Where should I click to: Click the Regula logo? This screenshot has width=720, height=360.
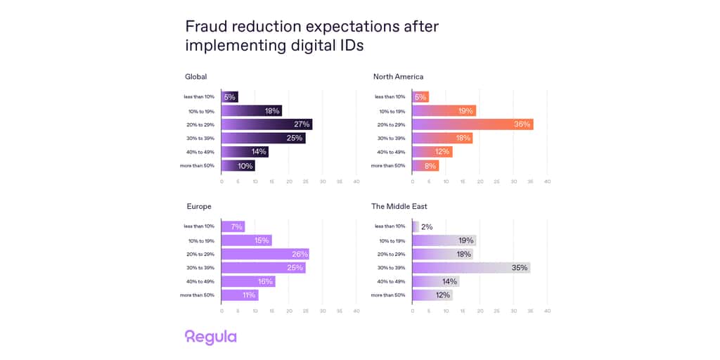click(x=210, y=337)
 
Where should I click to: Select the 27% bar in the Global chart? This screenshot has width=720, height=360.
click(x=266, y=124)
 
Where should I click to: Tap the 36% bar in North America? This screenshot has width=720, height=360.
click(x=472, y=124)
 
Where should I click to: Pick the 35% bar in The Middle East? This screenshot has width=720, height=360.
click(x=470, y=268)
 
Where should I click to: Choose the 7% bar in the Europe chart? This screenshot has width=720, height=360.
click(x=233, y=226)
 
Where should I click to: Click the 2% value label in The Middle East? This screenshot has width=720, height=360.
click(x=427, y=226)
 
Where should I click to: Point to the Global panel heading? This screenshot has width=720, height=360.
click(x=195, y=77)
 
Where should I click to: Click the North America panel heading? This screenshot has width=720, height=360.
click(x=398, y=77)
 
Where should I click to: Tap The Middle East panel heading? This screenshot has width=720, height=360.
click(x=399, y=207)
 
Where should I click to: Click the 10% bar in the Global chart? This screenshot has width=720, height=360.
click(x=238, y=166)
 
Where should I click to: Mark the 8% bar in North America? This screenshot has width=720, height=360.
click(x=425, y=166)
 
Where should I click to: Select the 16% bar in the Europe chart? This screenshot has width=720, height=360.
click(x=248, y=281)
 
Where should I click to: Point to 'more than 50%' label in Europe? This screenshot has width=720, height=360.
click(x=197, y=295)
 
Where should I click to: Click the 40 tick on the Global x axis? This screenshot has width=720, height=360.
click(x=356, y=181)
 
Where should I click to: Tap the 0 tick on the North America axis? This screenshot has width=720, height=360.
click(x=412, y=181)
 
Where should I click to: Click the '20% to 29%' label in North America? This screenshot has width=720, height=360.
click(x=392, y=124)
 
